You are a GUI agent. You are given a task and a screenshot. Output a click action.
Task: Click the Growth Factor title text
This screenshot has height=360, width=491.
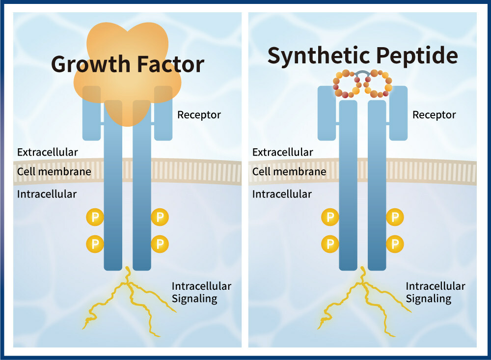[127, 64]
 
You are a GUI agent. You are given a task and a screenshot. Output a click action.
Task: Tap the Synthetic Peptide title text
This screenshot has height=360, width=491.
[362, 56]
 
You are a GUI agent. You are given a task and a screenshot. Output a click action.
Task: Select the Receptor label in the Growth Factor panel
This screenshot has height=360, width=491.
[199, 115]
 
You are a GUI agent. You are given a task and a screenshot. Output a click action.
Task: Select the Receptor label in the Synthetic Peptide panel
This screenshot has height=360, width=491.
[434, 115]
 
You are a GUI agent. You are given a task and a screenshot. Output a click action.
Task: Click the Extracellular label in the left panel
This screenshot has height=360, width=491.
[47, 152]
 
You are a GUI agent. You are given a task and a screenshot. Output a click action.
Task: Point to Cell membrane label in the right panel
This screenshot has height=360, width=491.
[289, 172]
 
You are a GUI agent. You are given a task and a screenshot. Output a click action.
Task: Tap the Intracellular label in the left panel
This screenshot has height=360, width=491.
[47, 194]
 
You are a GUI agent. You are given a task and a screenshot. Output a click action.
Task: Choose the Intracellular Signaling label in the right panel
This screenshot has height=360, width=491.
[435, 292]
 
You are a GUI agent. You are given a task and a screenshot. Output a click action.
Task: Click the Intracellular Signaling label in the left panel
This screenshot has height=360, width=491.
[201, 292]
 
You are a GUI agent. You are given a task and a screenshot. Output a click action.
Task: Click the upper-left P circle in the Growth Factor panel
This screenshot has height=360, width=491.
[95, 217]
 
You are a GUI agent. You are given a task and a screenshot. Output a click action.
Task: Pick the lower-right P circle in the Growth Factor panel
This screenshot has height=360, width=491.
[160, 243]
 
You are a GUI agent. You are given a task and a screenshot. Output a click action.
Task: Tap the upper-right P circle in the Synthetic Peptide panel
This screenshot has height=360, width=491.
[395, 217]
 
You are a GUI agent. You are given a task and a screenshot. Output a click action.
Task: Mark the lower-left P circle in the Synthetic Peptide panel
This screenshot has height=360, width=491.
[330, 243]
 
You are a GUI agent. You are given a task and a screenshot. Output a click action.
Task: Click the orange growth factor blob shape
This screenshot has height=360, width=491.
[128, 98]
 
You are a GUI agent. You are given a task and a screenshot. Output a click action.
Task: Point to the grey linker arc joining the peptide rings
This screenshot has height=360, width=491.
[362, 74]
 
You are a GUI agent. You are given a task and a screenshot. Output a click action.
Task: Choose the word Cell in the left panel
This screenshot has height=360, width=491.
[25, 172]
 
